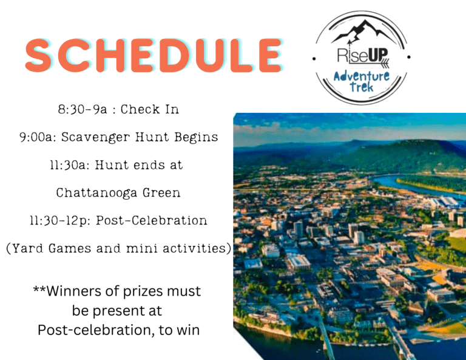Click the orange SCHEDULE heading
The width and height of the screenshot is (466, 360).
pos(154,55)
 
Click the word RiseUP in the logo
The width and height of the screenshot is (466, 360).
pos(363,56)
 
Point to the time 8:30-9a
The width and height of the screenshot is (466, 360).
pos(83,110)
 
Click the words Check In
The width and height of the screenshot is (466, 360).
pos(149,109)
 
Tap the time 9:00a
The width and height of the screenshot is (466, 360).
pos(38,137)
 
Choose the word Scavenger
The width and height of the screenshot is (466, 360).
pos(96,138)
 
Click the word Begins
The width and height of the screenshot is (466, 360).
pos(196,137)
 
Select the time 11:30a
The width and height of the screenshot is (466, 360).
pos(70,165)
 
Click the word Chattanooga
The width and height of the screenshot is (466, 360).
pos(96,193)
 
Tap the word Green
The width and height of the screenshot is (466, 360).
pos(161,193)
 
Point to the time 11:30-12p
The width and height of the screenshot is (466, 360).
pos(60,221)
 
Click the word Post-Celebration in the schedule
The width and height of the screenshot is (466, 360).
pos(152,220)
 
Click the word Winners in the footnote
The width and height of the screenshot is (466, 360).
pos(74,291)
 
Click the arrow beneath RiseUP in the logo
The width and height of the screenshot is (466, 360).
pos(368,63)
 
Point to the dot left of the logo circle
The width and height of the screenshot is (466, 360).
pos(314,59)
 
